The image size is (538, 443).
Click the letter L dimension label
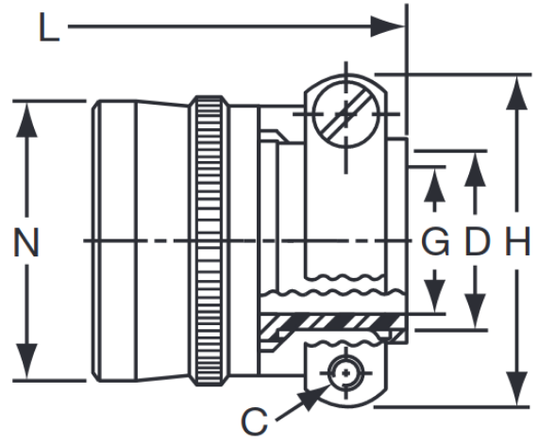pyautogui.click(x=48, y=29)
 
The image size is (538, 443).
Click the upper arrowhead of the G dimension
pyautogui.click(x=434, y=185)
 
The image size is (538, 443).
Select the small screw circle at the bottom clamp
pyautogui.click(x=346, y=375)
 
